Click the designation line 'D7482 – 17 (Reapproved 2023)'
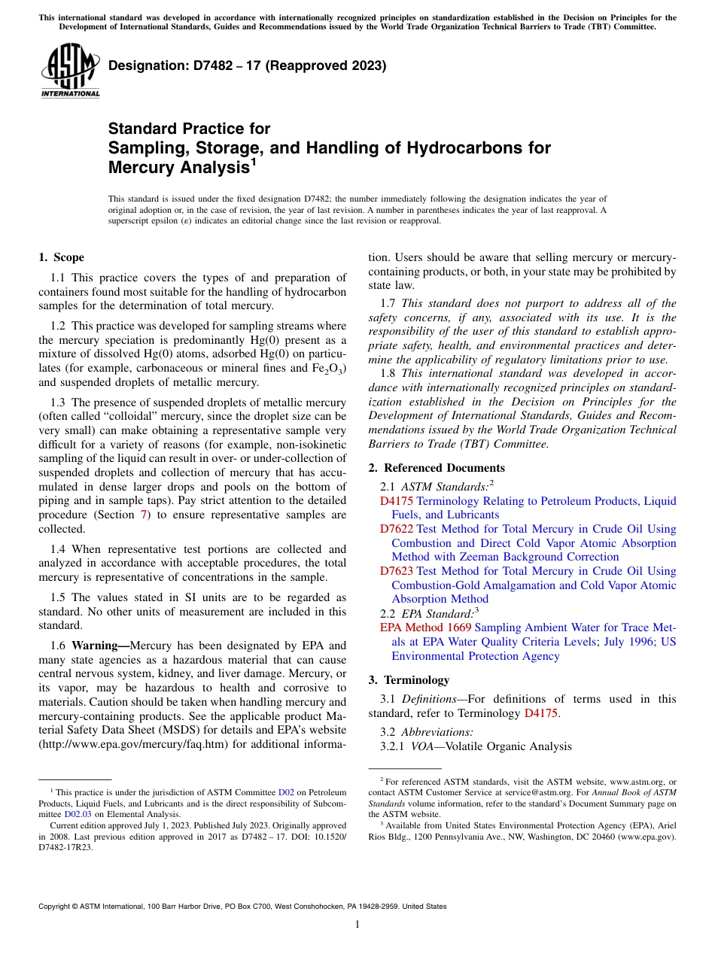pyautogui.click(x=247, y=65)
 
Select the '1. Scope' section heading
pyautogui.click(x=61, y=257)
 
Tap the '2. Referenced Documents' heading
pyautogui.click(x=437, y=468)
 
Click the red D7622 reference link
pyautogui.click(x=396, y=530)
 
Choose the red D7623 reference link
pyautogui.click(x=396, y=572)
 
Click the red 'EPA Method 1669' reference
pyautogui.click(x=425, y=627)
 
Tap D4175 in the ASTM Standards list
pyautogui.click(x=396, y=501)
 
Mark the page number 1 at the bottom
pyautogui.click(x=357, y=924)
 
